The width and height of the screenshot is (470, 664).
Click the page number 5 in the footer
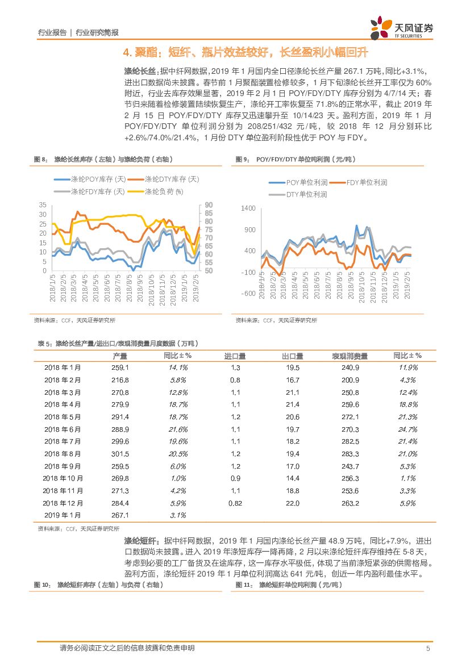click(428, 649)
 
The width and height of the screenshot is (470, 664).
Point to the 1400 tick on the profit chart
click(248, 209)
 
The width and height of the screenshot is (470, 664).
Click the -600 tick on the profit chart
click(248, 293)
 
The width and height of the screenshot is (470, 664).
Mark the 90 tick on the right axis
click(208, 205)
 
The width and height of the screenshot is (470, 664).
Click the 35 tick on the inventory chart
click(43, 205)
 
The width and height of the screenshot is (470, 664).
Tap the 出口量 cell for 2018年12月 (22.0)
click(292, 503)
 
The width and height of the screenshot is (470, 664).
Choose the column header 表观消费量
click(350, 356)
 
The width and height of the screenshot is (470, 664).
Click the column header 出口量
click(292, 356)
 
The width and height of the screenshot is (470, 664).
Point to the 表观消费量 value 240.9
click(350, 368)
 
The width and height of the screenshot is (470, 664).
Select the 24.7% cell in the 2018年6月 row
click(407, 429)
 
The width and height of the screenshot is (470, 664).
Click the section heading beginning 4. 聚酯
click(246, 53)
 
